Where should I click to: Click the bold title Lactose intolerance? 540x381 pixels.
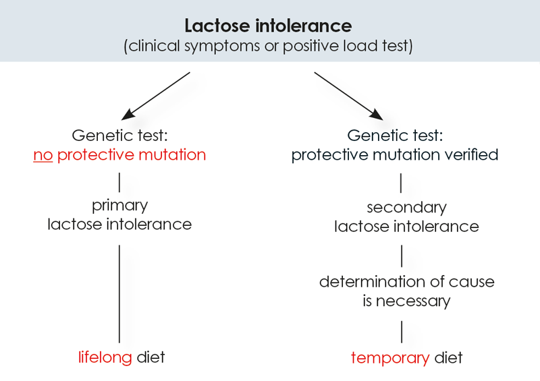[x=269, y=26]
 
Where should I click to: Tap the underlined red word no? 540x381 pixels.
[x=43, y=155]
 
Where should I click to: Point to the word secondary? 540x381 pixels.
[x=406, y=208]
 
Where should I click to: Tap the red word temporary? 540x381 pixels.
[x=389, y=357]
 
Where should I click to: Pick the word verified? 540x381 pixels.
[x=473, y=155]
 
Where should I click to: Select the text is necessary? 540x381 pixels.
[x=406, y=301]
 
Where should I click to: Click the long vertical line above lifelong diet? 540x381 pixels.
[x=119, y=293]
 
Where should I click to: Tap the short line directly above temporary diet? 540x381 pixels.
[x=402, y=332]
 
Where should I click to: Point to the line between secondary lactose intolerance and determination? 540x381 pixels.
[x=402, y=256]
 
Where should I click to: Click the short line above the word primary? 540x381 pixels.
[x=119, y=181]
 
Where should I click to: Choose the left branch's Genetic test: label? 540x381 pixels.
[x=119, y=135]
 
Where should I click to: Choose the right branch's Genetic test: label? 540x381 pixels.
[x=395, y=135]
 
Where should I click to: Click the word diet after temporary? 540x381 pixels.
[x=448, y=357]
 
